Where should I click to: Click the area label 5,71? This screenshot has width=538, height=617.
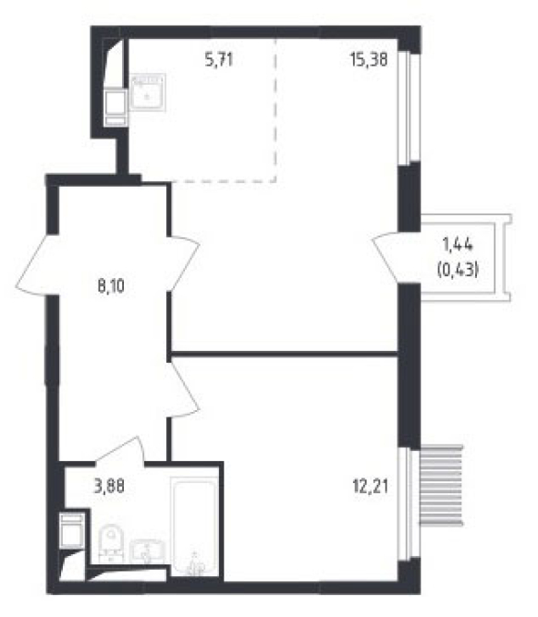tap(219, 60)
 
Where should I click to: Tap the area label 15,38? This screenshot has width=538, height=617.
tap(369, 59)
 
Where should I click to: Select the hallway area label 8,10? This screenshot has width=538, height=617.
tap(111, 286)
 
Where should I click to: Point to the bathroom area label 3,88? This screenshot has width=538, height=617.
tap(109, 487)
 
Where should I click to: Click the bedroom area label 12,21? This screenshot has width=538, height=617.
tap(370, 487)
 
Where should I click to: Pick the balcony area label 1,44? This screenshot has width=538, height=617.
tap(458, 245)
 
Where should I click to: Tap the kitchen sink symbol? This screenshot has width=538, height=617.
tap(147, 92)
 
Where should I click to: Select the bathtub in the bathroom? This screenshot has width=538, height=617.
tap(194, 526)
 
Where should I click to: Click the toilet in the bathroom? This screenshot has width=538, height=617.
tap(111, 543)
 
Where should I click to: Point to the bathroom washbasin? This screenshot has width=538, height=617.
tap(146, 551)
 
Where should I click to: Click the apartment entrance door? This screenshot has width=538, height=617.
tap(33, 264)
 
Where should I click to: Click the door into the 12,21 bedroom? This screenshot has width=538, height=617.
tap(184, 389)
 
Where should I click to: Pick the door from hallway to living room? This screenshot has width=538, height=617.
tap(184, 263)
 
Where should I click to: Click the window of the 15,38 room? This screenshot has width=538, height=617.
tap(409, 107)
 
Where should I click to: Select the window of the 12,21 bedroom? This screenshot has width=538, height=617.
tap(409, 503)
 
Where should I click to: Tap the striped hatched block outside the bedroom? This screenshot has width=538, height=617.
tap(442, 485)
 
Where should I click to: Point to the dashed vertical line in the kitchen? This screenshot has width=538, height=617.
tap(275, 110)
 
